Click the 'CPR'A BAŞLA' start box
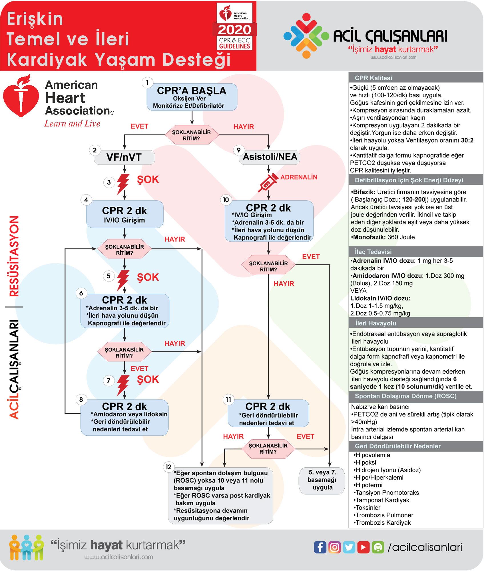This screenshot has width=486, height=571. [192, 97]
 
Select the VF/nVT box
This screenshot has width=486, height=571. [124, 157]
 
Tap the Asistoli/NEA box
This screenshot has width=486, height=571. [270, 157]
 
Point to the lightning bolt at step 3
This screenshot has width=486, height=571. [123, 184]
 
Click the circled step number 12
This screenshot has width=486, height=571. [168, 467]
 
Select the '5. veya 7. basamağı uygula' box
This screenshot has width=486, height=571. [322, 480]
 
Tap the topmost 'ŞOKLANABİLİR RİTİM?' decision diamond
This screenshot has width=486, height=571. [192, 135]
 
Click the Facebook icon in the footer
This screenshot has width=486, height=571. [320, 547]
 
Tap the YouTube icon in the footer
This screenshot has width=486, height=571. [363, 547]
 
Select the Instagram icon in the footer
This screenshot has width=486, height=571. [334, 547]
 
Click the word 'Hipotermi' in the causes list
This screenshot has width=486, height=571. [369, 485]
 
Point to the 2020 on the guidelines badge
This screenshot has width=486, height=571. [234, 30]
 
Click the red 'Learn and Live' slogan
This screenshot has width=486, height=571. [72, 124]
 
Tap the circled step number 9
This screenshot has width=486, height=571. [239, 150]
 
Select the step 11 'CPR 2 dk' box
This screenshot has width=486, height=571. [268, 413]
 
